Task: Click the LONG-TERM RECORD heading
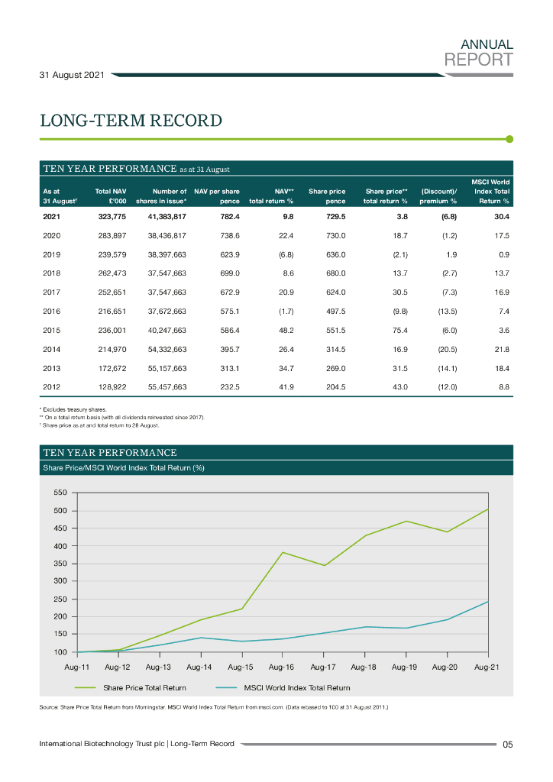coord(131,121)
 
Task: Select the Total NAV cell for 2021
coord(112,218)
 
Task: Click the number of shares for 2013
coord(167,368)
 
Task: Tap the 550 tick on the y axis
coord(60,493)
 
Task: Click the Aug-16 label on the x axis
coord(282,667)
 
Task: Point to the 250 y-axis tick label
coord(60,599)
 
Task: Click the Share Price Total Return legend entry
coord(144,688)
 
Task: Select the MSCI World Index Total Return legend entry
coord(296,688)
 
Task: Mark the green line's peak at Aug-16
coord(283,552)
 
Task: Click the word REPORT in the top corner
coord(478,60)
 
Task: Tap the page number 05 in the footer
coord(507,745)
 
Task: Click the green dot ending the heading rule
coord(509,139)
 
